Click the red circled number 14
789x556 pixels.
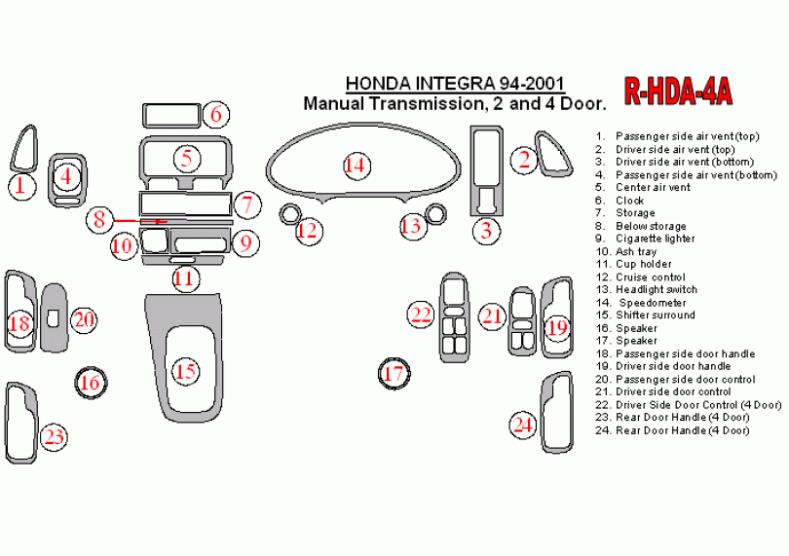pos(357,166)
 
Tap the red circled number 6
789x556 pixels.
pos(216,115)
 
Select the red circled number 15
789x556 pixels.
pos(185,371)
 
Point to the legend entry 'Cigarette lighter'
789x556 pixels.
pos(655,239)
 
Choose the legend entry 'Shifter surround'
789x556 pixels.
pos(655,315)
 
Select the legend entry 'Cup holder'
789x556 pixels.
pos(643,264)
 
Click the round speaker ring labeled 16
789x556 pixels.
pos(90,383)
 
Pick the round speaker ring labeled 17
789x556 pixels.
pos(394,373)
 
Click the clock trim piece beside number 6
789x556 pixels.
pos(171,115)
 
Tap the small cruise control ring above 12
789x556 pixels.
pos(289,213)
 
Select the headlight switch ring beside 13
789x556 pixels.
pos(435,213)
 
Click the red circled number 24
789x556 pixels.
pos(524,424)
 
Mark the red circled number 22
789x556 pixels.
pos(421,314)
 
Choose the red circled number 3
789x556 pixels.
pos(485,231)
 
